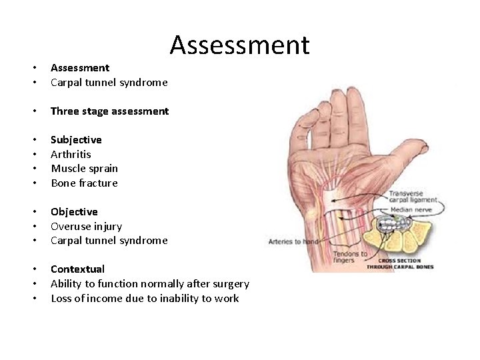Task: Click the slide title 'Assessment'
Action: (x=239, y=45)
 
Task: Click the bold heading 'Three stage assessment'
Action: (x=109, y=111)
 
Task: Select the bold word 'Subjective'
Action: (x=76, y=140)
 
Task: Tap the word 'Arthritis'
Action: (x=71, y=154)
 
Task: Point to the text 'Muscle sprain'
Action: (x=84, y=169)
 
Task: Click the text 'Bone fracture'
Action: (x=84, y=183)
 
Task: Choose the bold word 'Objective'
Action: (x=74, y=212)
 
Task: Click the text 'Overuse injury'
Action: (x=86, y=226)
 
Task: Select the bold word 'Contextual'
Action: (x=77, y=269)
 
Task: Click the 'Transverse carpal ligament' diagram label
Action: (x=414, y=197)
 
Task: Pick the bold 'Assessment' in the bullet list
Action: (x=80, y=67)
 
